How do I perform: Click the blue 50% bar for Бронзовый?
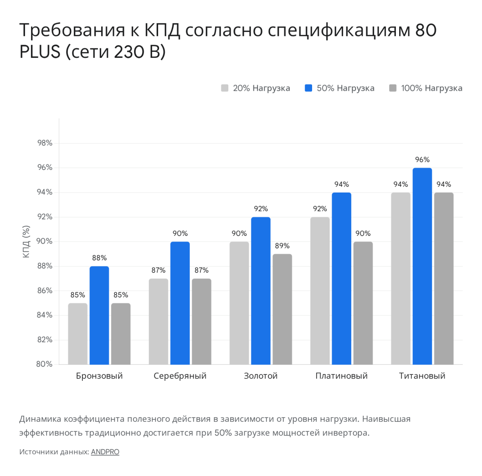[x=99, y=315]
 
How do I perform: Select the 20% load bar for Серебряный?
[x=158, y=321]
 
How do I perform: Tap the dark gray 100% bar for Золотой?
[x=282, y=309]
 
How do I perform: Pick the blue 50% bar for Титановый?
[x=422, y=266]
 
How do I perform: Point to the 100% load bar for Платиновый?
[x=363, y=303]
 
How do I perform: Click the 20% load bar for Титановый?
[x=401, y=278]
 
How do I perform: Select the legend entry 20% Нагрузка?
[x=256, y=88]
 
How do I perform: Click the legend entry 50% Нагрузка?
[x=339, y=88]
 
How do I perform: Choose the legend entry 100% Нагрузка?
[x=426, y=88]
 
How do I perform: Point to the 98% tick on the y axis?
[x=45, y=143]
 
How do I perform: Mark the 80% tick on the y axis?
[x=45, y=364]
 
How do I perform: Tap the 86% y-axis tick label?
[x=45, y=290]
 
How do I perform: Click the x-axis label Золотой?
[x=261, y=376]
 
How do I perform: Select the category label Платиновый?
[x=341, y=376]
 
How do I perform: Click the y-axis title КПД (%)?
[x=26, y=242]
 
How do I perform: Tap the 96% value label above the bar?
[x=422, y=160]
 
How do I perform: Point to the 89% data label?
[x=282, y=246]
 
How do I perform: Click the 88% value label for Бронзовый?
[x=99, y=258]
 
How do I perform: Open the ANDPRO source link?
[x=105, y=452]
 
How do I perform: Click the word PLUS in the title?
[x=40, y=52]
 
